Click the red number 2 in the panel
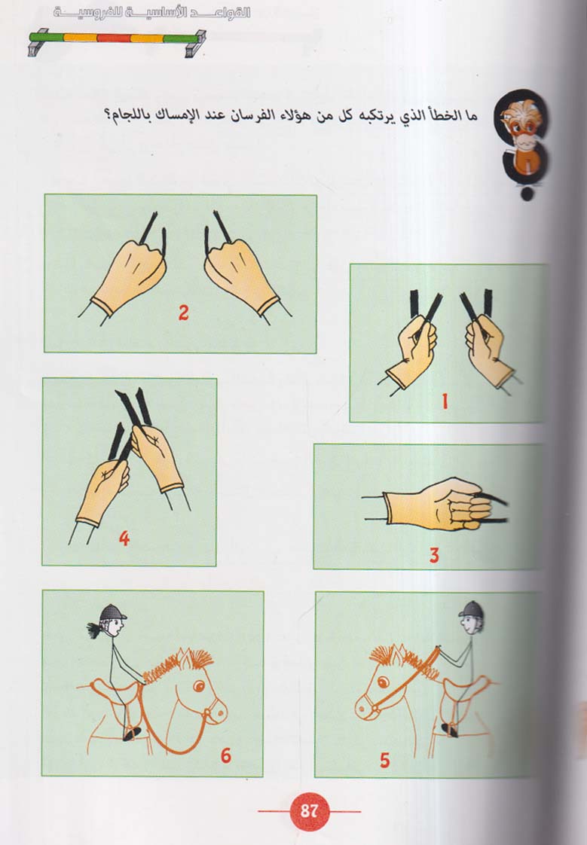(183, 313)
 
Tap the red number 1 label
(445, 401)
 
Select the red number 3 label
(434, 555)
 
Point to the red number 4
(124, 538)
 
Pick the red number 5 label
(384, 761)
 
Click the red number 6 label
(226, 755)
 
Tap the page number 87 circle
(310, 810)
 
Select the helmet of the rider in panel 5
(471, 609)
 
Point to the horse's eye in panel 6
(199, 686)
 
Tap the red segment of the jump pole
(114, 38)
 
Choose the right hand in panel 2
(243, 275)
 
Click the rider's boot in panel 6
(132, 733)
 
